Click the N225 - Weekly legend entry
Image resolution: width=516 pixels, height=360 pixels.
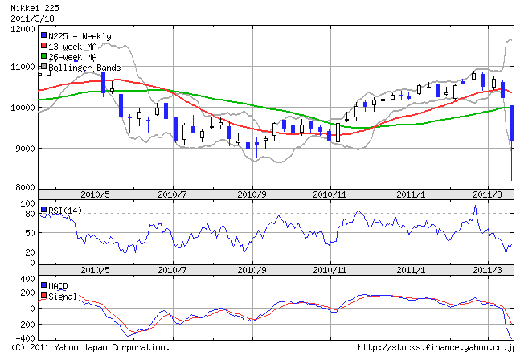79,36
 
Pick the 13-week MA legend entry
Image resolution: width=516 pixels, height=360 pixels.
72,47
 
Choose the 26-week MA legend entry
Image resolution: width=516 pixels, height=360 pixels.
72,57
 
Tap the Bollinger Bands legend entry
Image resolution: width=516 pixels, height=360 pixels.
84,68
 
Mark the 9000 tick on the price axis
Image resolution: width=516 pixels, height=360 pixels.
21,149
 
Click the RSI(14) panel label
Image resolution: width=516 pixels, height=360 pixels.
66,211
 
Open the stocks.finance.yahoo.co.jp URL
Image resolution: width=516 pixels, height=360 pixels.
435,348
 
